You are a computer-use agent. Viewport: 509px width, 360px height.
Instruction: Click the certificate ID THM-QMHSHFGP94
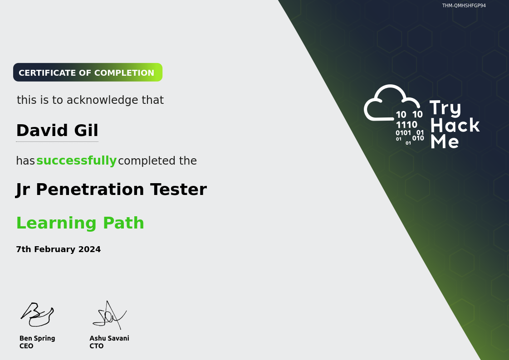(464, 5)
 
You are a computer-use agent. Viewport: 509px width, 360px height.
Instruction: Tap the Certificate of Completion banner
(88, 73)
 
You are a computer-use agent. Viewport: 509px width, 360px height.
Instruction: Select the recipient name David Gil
(57, 131)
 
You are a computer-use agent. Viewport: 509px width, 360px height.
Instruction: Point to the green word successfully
(76, 161)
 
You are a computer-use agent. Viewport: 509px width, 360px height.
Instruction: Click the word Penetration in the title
(90, 190)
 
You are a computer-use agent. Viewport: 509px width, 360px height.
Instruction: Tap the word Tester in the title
(178, 190)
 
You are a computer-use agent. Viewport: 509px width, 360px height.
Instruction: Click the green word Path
(123, 223)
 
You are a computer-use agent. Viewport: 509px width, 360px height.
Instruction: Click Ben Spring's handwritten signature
(37, 314)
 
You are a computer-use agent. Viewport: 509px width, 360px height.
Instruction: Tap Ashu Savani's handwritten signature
(109, 315)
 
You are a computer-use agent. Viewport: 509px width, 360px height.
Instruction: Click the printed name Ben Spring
(37, 339)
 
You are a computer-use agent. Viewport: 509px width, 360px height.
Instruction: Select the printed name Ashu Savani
(109, 338)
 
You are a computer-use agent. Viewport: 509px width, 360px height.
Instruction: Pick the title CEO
(26, 346)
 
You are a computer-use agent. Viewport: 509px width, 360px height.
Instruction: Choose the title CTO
(97, 346)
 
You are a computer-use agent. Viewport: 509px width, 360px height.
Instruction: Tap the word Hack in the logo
(455, 125)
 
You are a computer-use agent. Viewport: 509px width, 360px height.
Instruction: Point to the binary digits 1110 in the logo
(406, 125)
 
